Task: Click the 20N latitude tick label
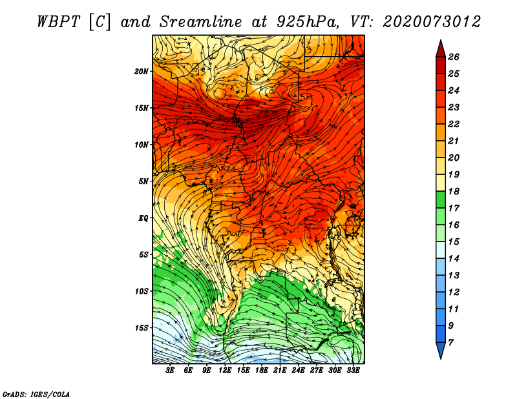[142, 71]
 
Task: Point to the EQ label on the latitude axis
[143, 218]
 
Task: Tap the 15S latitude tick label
[142, 328]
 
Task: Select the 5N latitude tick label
[143, 181]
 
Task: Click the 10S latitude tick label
[142, 291]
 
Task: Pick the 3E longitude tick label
[170, 371]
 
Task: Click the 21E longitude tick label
[280, 371]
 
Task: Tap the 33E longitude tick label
[353, 371]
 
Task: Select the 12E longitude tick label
[224, 371]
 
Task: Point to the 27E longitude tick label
[317, 371]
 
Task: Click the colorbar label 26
[454, 57]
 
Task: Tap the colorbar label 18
[454, 191]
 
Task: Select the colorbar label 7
[450, 343]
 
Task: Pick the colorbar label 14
[454, 259]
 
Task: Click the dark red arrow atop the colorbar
[441, 49]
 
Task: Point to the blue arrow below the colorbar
[441, 351]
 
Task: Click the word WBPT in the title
[58, 22]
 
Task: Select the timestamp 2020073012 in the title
[432, 22]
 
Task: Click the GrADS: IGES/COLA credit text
[36, 394]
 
